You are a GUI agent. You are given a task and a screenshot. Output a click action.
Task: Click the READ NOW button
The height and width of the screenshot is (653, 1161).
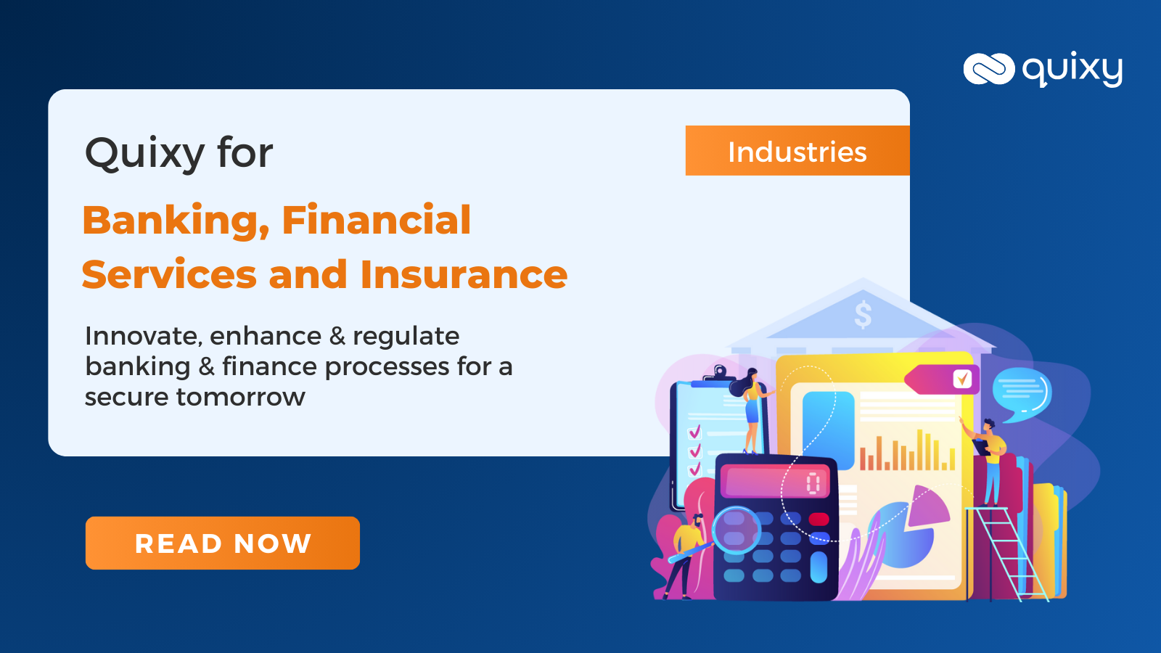tap(222, 543)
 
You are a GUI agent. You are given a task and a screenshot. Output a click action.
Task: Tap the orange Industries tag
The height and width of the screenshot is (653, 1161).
tap(797, 151)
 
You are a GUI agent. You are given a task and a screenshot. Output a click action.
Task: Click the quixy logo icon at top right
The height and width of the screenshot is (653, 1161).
tap(988, 69)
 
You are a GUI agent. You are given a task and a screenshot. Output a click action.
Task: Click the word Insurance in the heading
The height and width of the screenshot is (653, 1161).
tap(464, 275)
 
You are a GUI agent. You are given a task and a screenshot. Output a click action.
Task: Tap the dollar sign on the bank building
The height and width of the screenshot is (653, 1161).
tap(863, 315)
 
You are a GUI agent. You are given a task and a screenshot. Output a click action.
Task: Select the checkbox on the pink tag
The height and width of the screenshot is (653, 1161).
tap(962, 379)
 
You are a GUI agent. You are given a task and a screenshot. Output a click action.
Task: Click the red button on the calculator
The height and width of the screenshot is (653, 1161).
tap(819, 519)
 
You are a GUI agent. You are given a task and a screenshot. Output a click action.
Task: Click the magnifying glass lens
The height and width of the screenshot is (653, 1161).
tap(735, 528)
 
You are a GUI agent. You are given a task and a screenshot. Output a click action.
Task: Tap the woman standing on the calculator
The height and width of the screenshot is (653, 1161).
tap(752, 410)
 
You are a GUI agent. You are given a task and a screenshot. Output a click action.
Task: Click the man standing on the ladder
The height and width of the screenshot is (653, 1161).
tap(990, 461)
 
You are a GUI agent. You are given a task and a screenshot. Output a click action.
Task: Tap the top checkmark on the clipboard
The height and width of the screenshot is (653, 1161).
tap(694, 432)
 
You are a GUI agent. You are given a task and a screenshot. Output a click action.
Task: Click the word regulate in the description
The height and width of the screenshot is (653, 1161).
tap(406, 337)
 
